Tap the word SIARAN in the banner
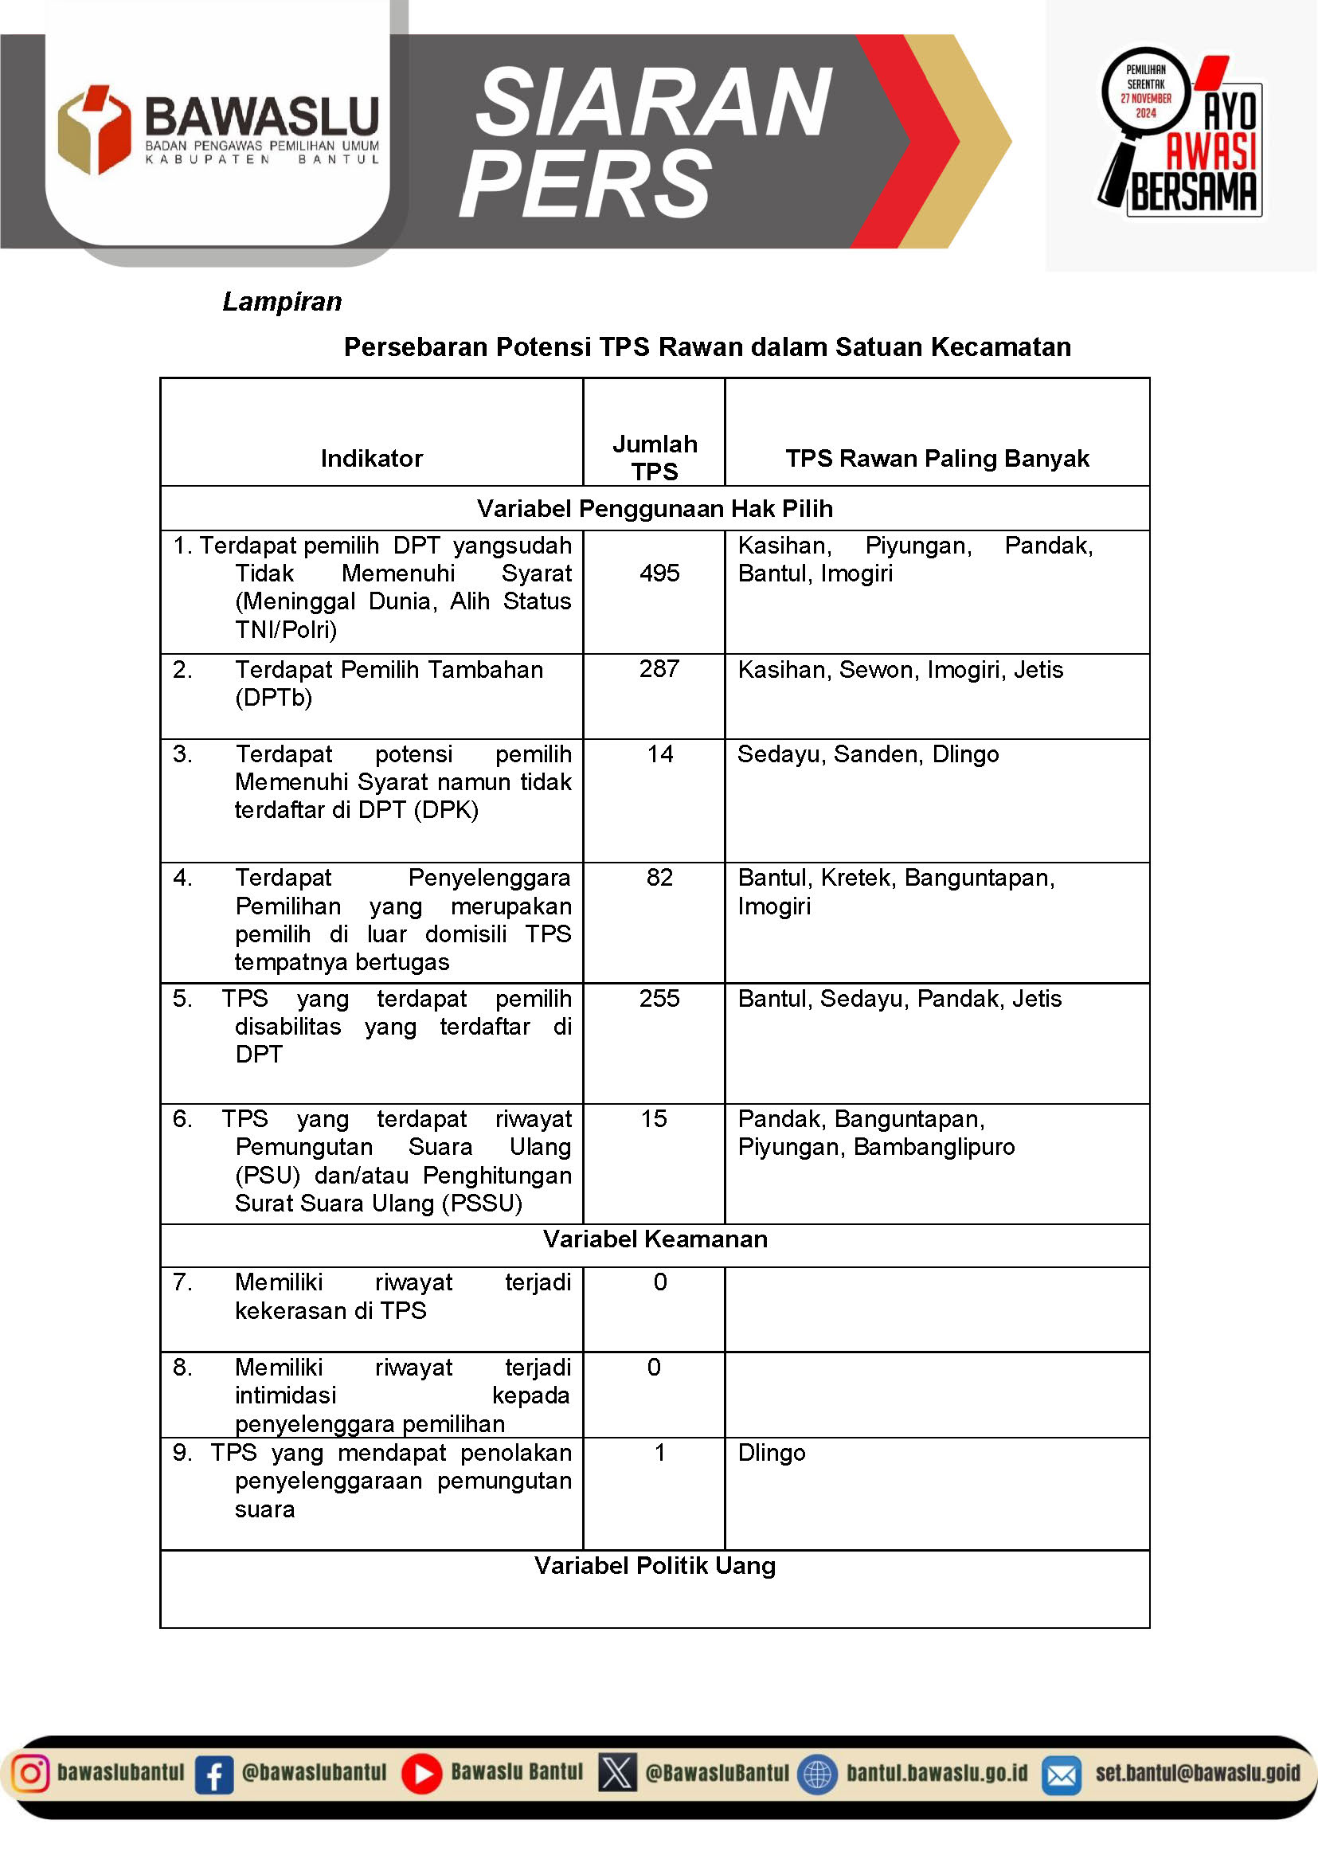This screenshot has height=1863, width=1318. tap(653, 103)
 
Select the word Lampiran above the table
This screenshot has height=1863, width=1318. tap(282, 302)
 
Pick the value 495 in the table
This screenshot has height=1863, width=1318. tap(659, 573)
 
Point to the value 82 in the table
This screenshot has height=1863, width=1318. tap(659, 877)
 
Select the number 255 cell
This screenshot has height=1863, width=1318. tap(659, 998)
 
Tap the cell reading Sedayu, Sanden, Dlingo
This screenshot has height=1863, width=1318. tap(867, 754)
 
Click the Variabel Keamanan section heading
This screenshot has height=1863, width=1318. tap(655, 1239)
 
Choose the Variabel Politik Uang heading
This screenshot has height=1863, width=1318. tap(655, 1565)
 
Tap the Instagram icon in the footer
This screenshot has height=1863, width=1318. tap(30, 1773)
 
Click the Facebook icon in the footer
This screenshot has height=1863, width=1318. tap(214, 1775)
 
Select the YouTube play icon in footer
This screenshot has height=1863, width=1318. tap(422, 1774)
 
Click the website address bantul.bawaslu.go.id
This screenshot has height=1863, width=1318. tap(937, 1773)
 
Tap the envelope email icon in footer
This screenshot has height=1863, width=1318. tap(1061, 1775)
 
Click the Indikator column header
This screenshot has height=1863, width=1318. tap(372, 459)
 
